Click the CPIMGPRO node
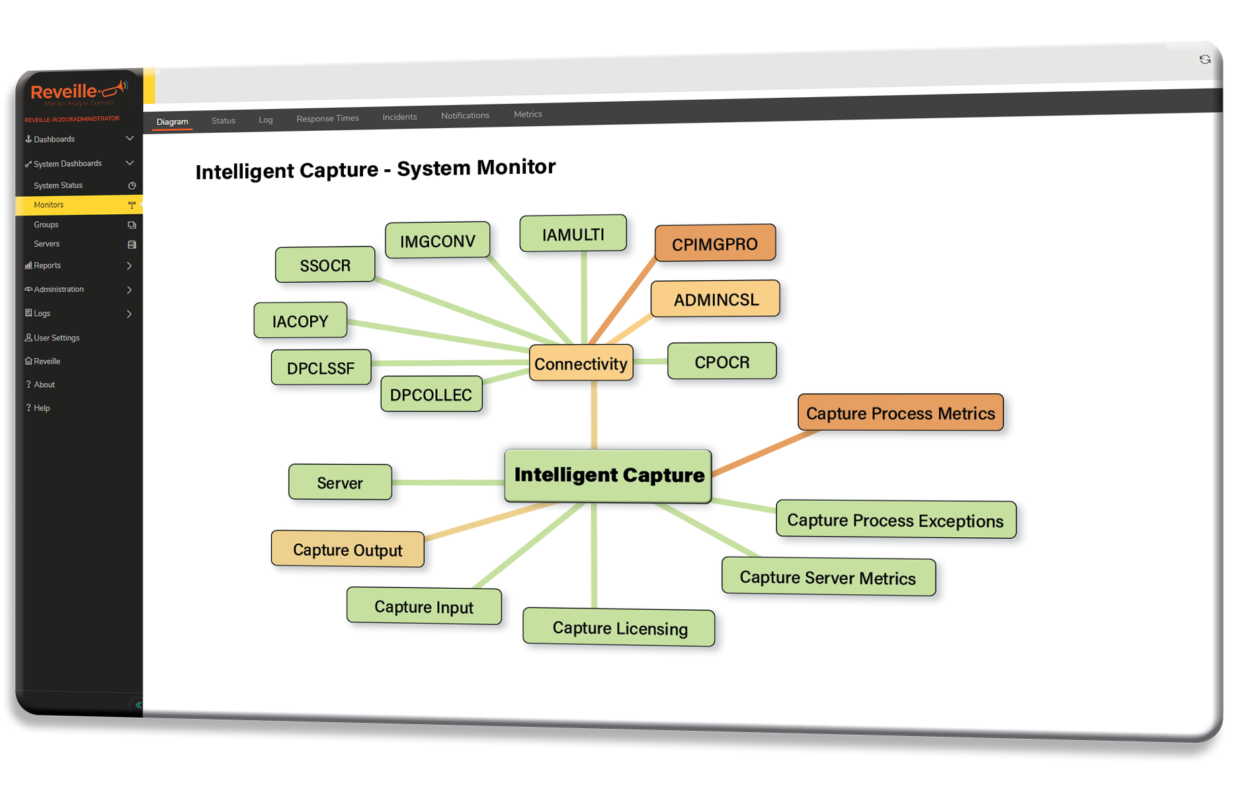[715, 243]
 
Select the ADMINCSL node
[716, 299]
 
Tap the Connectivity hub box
[581, 363]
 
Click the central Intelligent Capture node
[608, 475]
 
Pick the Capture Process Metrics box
[900, 413]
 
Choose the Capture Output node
[348, 549]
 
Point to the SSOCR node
[325, 265]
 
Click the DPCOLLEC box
[431, 395]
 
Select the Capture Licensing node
[619, 627]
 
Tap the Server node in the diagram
[340, 482]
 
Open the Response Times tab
[327, 118]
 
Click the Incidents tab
[399, 117]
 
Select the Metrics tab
[528, 114]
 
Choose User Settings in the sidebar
[56, 338]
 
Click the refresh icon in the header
[1205, 59]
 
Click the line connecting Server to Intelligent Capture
[448, 482]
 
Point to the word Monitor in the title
[516, 167]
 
